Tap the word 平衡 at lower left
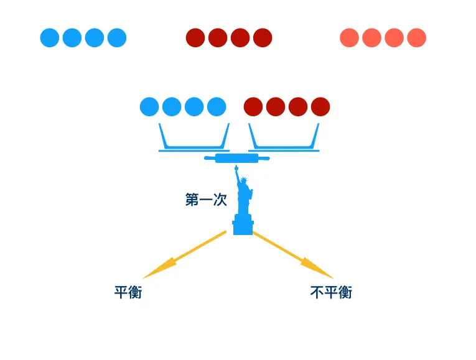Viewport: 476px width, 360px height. click(128, 292)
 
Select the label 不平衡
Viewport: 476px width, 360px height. click(331, 292)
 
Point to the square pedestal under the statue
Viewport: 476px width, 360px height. click(243, 224)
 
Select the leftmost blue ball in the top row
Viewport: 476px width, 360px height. click(50, 38)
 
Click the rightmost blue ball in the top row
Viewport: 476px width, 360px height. click(117, 38)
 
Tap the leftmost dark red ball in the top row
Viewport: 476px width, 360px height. click(195, 38)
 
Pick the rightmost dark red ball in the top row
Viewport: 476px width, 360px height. click(263, 38)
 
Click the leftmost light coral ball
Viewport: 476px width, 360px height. click(350, 38)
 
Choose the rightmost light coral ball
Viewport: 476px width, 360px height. click(417, 38)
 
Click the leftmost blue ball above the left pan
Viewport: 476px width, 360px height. click(149, 107)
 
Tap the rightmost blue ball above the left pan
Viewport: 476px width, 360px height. click(217, 107)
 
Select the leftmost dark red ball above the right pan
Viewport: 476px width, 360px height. click(253, 107)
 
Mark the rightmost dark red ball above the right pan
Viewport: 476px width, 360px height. click(320, 107)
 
